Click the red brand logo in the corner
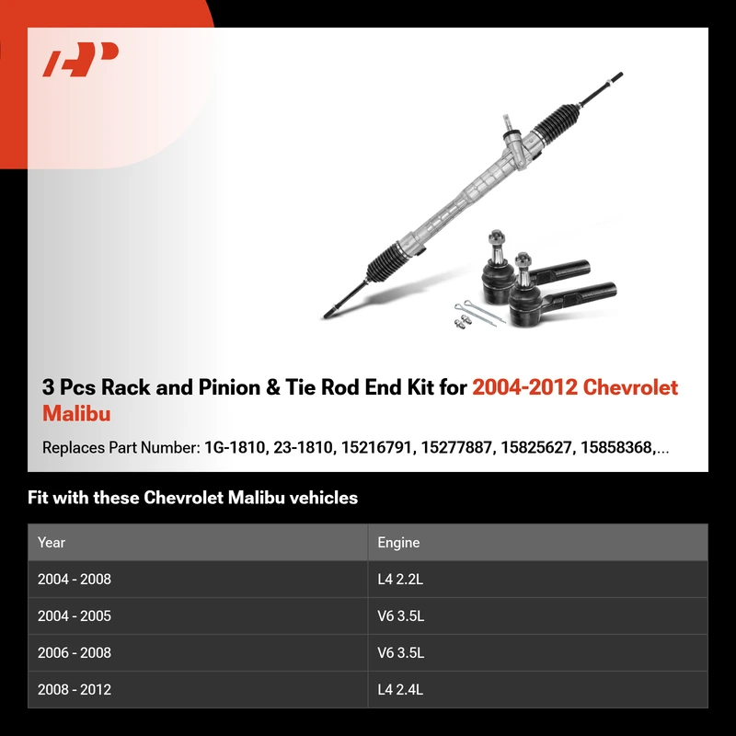click(80, 59)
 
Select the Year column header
click(52, 542)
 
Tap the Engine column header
click(398, 542)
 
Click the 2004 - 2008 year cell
click(75, 580)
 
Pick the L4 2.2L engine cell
click(400, 580)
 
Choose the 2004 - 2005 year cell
click(75, 615)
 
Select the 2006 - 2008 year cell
click(75, 652)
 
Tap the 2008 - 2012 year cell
click(75, 689)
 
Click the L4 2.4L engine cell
click(400, 689)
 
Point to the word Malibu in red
click(76, 413)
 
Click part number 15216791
click(377, 447)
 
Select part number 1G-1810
click(235, 447)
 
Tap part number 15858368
click(617, 447)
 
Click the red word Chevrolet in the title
click(630, 387)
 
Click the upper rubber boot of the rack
click(557, 121)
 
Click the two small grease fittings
click(463, 321)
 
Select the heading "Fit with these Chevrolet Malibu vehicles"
click(192, 498)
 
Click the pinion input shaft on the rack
click(508, 123)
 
